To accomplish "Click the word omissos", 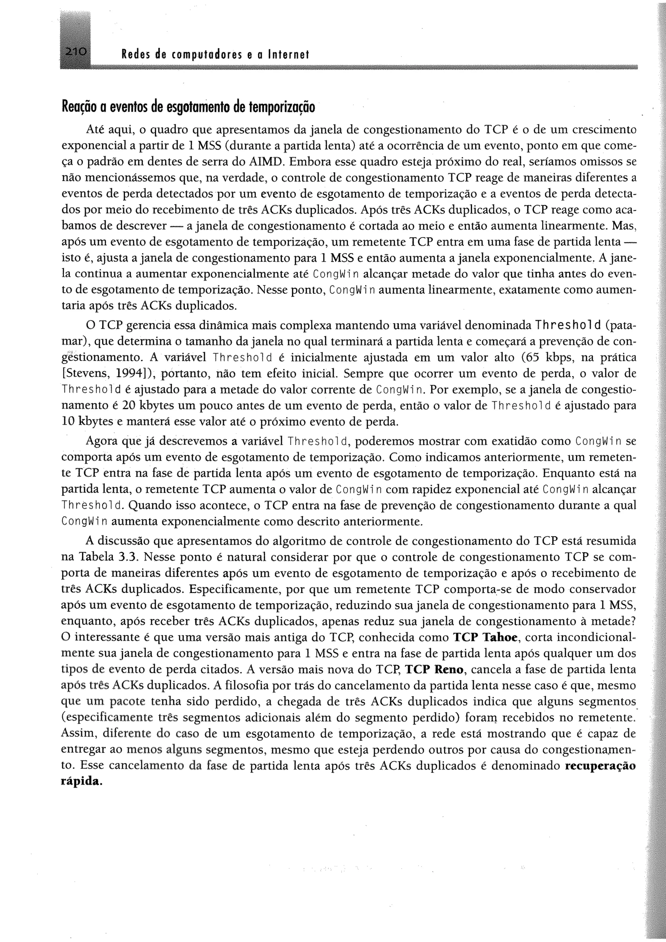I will (598, 162).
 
